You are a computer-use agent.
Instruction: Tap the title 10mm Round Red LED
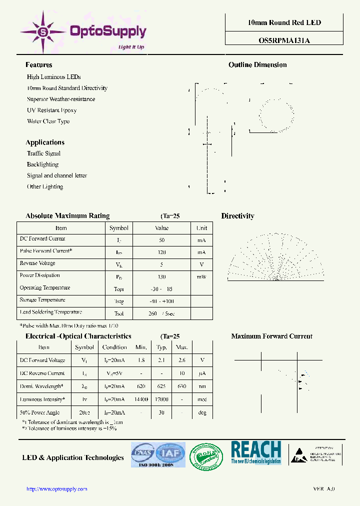pos(284,23)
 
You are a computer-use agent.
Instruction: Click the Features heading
pos(39,65)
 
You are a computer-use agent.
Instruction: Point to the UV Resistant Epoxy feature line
pos(51,110)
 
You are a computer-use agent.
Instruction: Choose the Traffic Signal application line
pos(43,153)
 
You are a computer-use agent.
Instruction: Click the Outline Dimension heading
pos(257,65)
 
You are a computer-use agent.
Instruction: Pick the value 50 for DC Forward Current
pos(161,240)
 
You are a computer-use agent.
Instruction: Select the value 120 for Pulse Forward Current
pos(161,252)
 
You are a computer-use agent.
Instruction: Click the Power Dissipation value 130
pos(161,276)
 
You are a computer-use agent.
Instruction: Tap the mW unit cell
pos(201,276)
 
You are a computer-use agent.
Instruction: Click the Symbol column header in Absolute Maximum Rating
pos(119,228)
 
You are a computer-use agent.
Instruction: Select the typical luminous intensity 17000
pos(161,400)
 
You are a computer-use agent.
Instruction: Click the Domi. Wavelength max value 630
pos(182,386)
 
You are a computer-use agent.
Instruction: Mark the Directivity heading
pos(237,216)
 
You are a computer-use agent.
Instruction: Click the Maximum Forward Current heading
pos(271,336)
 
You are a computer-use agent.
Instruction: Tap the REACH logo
pos(256,453)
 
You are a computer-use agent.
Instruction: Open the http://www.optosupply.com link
pos(56,489)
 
